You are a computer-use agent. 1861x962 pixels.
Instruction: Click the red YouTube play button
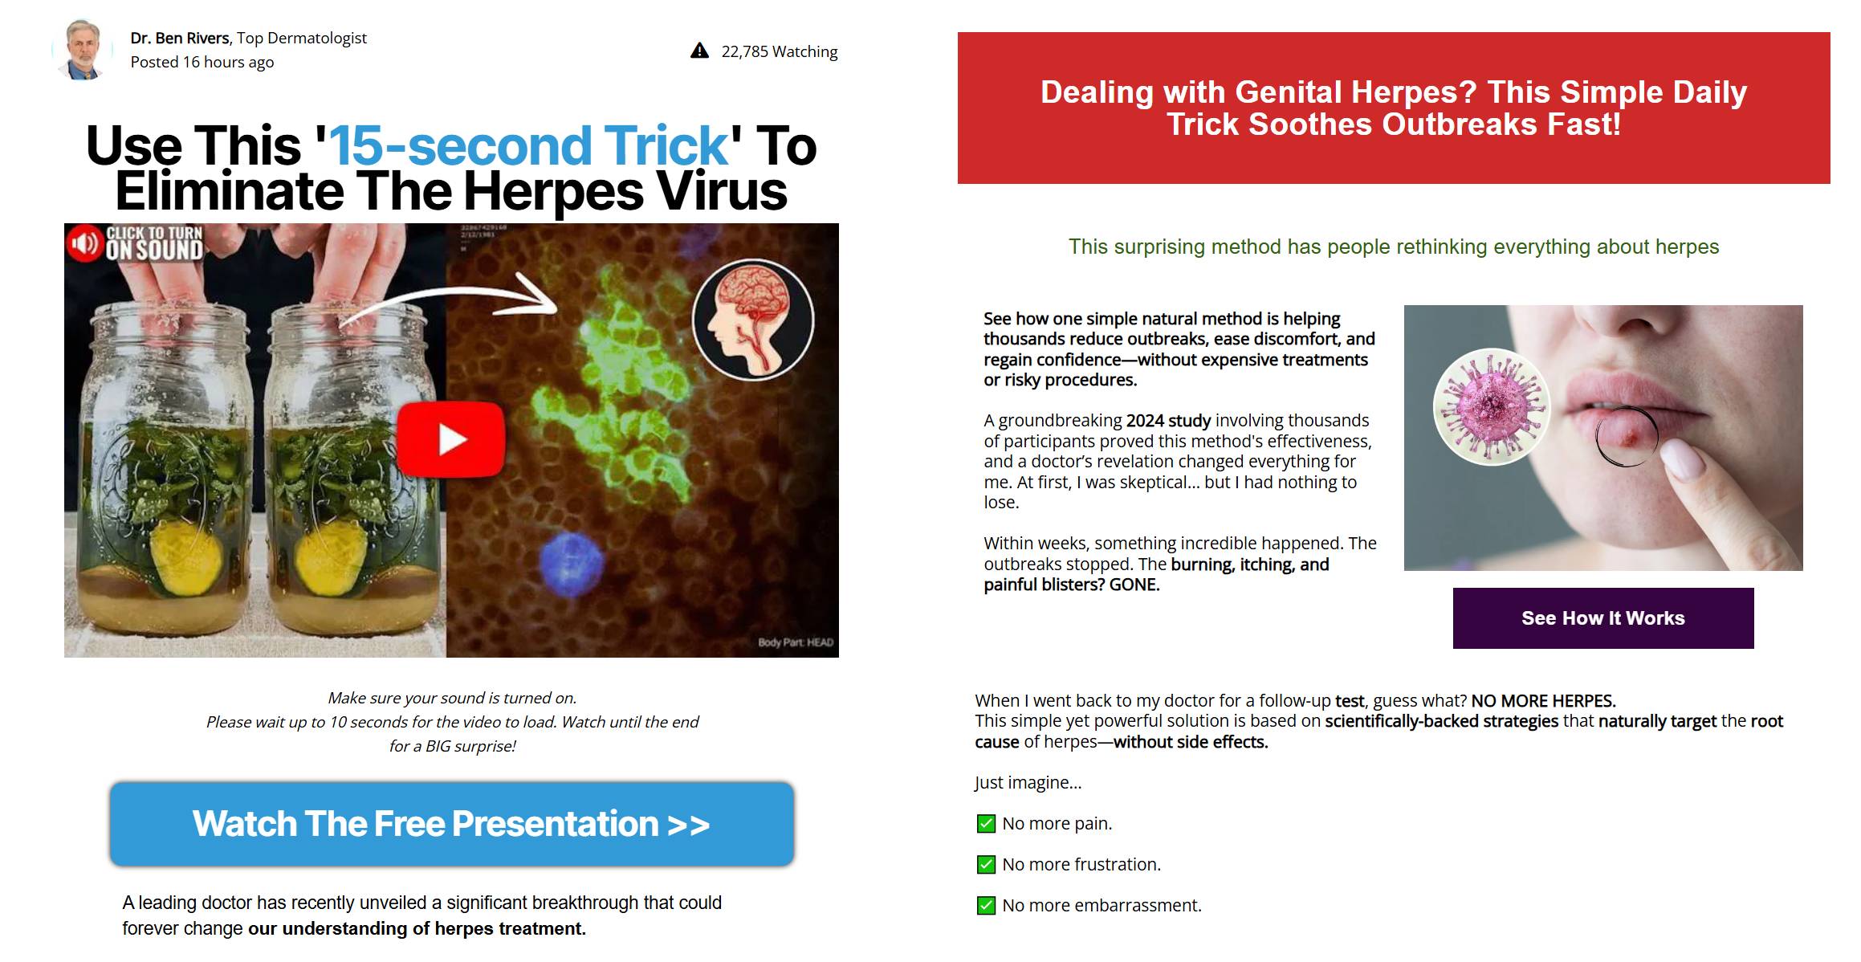(x=451, y=439)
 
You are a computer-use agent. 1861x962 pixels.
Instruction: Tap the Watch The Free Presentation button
(x=452, y=824)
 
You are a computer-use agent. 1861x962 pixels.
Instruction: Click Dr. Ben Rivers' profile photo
(x=83, y=49)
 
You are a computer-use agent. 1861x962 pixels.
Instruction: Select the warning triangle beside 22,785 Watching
(x=700, y=51)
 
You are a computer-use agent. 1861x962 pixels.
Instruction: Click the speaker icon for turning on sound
(x=84, y=243)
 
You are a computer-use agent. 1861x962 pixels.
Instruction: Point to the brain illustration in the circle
(x=753, y=319)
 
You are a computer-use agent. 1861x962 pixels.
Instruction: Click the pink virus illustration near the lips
(x=1492, y=406)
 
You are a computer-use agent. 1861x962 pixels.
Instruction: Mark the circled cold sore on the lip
(x=1627, y=436)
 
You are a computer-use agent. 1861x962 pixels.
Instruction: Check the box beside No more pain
(x=986, y=824)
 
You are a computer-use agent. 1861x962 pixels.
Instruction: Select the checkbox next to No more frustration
(x=986, y=865)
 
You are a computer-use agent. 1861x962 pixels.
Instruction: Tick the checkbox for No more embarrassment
(x=986, y=906)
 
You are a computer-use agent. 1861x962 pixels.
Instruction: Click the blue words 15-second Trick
(x=529, y=145)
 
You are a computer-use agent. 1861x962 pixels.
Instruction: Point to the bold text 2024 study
(x=1168, y=421)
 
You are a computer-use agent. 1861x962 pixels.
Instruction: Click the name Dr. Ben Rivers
(x=181, y=38)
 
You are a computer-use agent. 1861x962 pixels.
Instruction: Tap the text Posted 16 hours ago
(x=202, y=62)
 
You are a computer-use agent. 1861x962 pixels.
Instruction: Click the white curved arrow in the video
(x=450, y=301)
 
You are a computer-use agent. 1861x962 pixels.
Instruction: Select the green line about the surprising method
(x=1394, y=247)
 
